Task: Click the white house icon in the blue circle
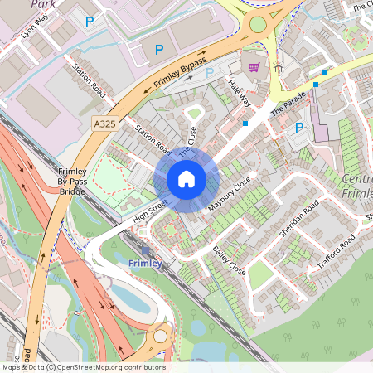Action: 186,179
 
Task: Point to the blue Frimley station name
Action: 146,264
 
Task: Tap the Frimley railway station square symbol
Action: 146,250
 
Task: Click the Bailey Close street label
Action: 229,259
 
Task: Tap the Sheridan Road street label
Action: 298,219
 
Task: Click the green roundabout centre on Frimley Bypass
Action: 259,24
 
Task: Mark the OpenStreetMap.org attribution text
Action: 83,367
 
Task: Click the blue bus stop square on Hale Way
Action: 245,124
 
